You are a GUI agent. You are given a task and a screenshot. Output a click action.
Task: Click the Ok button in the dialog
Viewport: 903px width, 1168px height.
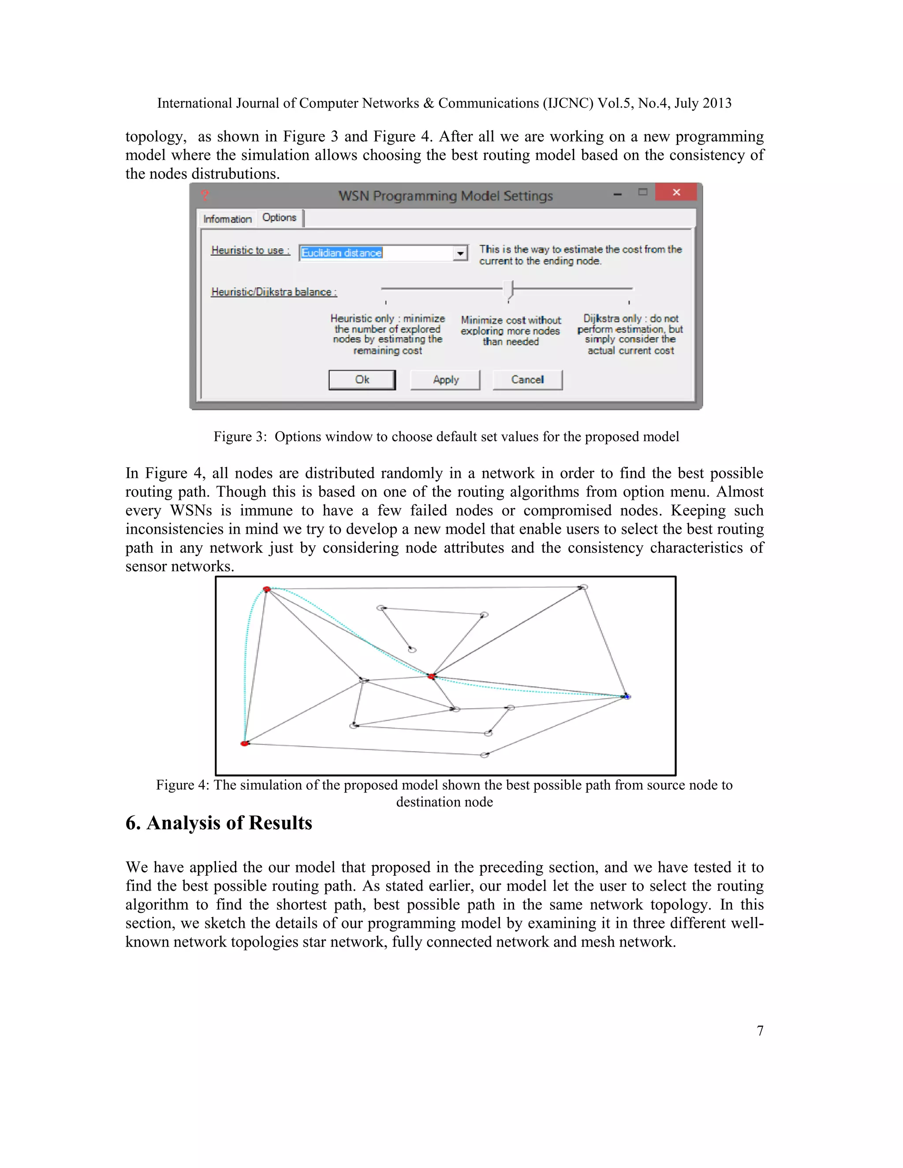point(362,379)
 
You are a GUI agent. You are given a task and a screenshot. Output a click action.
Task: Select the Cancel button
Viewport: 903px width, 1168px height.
point(527,379)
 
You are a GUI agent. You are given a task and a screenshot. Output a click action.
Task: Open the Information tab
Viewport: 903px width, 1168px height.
point(228,219)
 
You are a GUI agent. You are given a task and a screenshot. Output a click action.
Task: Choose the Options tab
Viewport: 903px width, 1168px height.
point(279,218)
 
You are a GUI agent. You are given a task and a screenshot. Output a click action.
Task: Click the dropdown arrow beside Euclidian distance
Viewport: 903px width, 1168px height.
point(460,253)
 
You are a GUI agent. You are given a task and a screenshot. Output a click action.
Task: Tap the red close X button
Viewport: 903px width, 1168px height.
point(676,192)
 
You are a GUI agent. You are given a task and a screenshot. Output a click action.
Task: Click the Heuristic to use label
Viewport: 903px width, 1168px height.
point(250,250)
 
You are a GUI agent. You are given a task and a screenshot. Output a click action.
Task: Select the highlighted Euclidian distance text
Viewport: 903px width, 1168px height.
point(341,253)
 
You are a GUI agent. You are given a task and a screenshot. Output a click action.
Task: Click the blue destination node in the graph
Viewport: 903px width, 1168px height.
point(627,696)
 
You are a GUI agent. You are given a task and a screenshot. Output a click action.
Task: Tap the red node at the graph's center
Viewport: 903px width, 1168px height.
point(431,677)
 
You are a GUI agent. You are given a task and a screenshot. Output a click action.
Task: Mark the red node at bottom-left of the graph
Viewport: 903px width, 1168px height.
point(244,744)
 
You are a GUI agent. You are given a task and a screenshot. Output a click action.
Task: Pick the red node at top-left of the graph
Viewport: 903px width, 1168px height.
point(266,589)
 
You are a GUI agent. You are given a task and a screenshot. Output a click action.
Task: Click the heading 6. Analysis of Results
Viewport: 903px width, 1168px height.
point(218,823)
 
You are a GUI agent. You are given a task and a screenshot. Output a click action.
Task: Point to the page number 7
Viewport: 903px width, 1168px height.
point(760,1030)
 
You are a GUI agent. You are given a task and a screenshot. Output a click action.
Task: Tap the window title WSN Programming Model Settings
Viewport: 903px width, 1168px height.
point(445,196)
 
